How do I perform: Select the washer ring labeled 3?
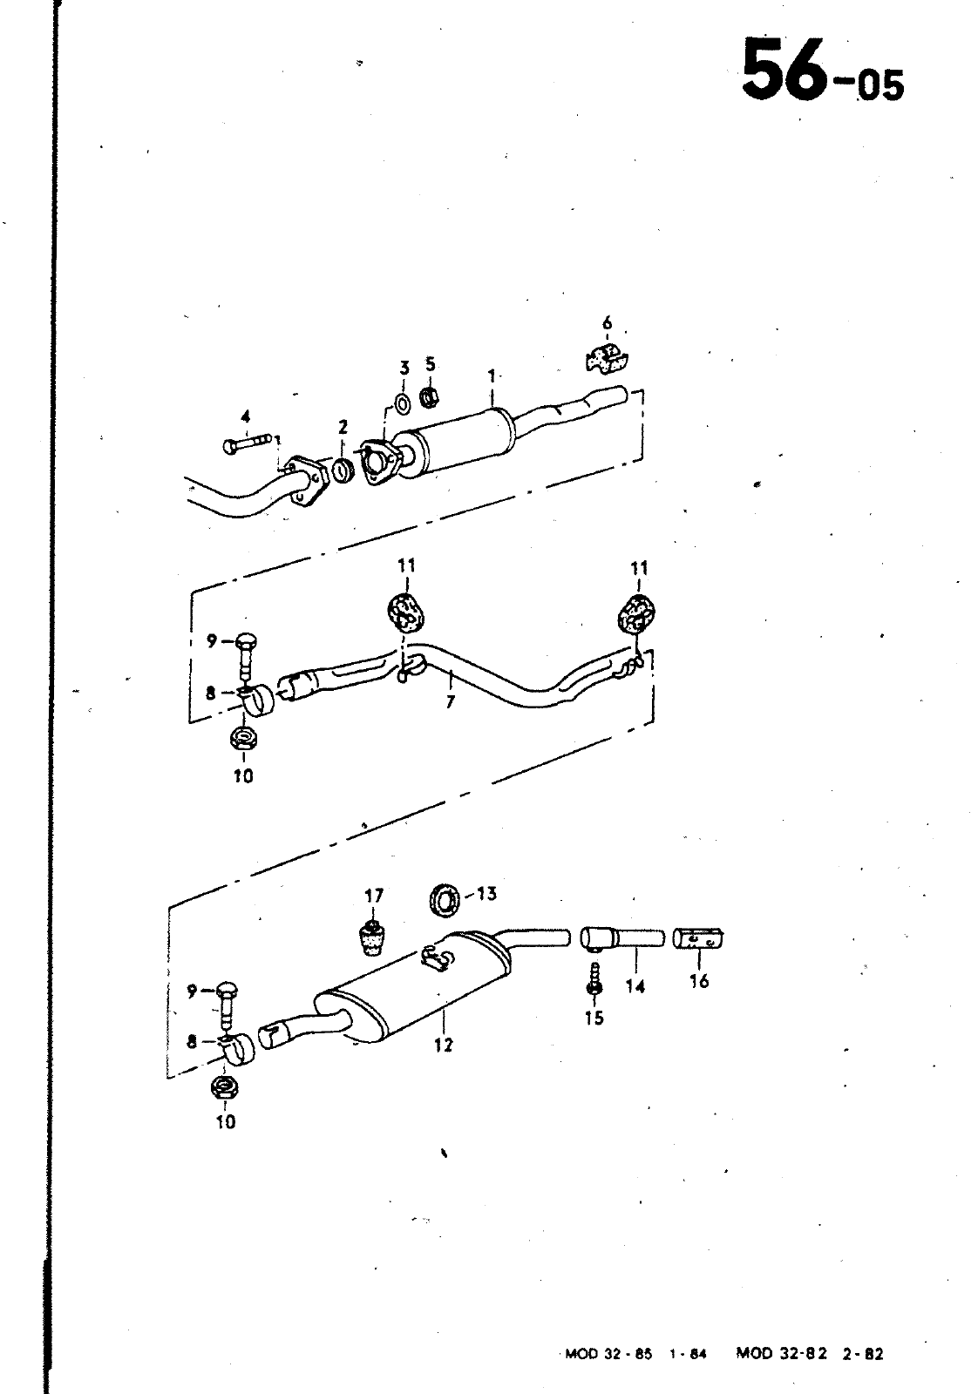click(403, 403)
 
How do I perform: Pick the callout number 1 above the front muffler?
click(492, 376)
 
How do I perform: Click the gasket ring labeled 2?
click(343, 470)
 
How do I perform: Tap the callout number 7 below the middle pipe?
click(450, 701)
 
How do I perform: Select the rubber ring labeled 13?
click(445, 901)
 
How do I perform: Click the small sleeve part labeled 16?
click(698, 938)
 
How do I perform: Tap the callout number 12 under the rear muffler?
click(444, 1045)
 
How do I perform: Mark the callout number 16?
click(699, 981)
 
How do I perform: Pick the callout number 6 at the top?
click(607, 323)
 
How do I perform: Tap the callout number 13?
click(486, 894)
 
